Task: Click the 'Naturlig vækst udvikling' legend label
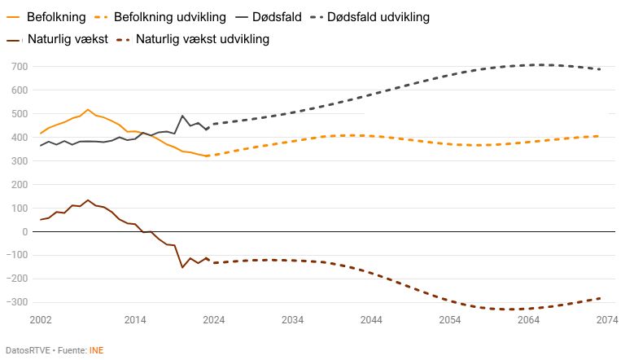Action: (x=203, y=38)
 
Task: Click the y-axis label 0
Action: (x=24, y=232)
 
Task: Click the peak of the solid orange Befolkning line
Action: (x=88, y=109)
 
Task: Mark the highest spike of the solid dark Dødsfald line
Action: (x=182, y=116)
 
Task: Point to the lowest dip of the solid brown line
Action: (x=182, y=267)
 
